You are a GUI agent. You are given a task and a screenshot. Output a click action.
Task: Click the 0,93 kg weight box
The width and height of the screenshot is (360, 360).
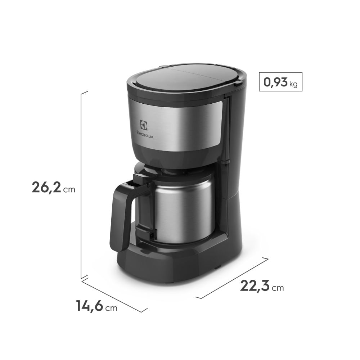(280, 82)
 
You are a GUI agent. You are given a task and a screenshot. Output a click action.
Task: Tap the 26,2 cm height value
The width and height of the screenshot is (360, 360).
(46, 188)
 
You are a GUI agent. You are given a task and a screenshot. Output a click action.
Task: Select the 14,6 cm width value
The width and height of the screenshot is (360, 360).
(90, 306)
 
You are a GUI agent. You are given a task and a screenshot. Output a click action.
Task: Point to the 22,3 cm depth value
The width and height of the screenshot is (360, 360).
(255, 286)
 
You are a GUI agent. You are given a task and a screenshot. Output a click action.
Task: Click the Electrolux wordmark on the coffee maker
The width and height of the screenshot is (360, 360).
(144, 133)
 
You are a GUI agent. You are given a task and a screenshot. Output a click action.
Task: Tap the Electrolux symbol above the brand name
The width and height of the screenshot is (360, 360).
(144, 125)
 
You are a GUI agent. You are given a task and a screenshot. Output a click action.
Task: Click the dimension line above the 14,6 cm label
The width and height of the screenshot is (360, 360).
(114, 295)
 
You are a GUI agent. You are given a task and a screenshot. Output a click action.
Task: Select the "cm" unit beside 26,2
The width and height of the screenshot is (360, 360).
(69, 189)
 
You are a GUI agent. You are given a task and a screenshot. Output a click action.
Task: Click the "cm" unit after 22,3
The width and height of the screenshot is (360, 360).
(278, 288)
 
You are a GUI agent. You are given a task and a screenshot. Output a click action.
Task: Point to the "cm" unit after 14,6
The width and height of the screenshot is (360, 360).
(111, 308)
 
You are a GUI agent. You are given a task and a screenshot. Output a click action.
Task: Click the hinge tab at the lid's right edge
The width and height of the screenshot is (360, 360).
(238, 83)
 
